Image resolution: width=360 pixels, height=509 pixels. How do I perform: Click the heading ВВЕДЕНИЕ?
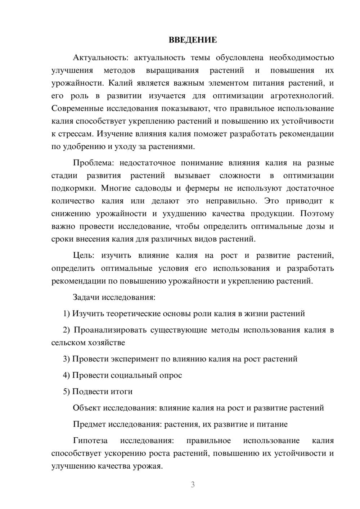point(193,40)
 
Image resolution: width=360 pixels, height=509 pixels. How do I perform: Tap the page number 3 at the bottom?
point(193,485)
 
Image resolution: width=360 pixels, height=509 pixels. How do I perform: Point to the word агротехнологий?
point(302,96)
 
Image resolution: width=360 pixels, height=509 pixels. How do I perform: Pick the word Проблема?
point(93,163)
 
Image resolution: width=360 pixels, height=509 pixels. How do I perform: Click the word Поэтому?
point(317,214)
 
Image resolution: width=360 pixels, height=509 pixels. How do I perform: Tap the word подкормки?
point(74,188)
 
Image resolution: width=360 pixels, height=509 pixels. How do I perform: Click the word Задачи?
point(86,298)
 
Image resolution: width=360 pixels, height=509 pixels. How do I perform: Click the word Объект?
point(87,408)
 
